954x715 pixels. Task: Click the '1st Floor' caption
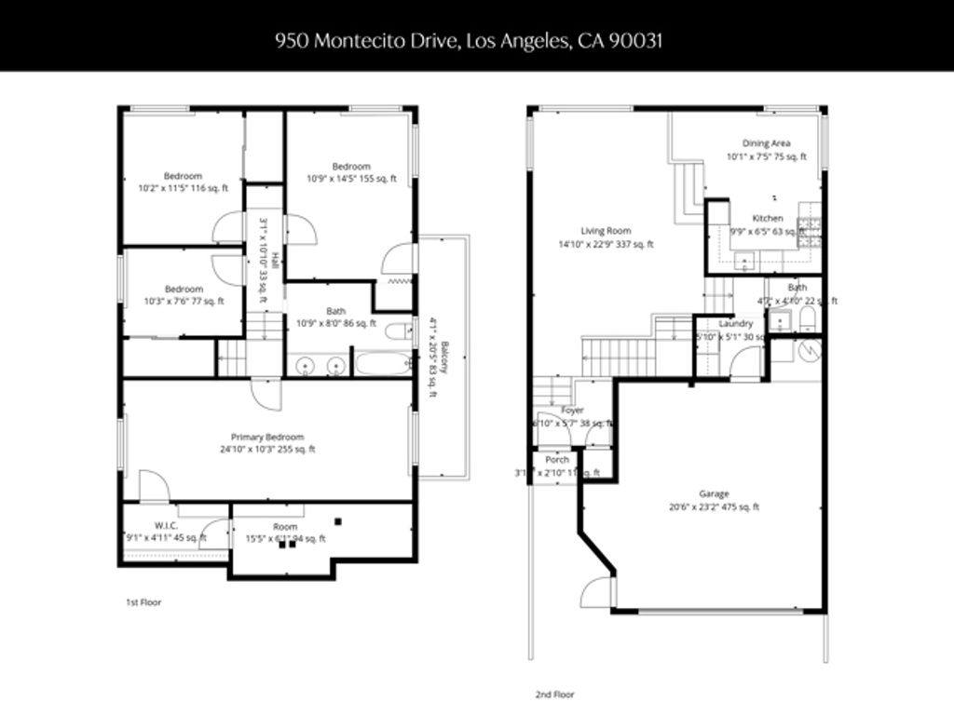click(x=143, y=602)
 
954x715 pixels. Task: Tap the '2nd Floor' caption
click(x=554, y=695)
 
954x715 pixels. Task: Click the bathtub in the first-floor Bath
click(x=382, y=363)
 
